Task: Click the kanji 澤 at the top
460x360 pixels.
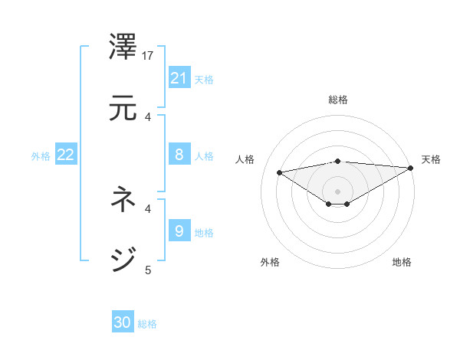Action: point(123,48)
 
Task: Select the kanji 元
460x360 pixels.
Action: point(123,110)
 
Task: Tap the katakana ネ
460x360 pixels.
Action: point(123,201)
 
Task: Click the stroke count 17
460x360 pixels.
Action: point(149,56)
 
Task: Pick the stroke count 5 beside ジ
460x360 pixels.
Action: point(148,270)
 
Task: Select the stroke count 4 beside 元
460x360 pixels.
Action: point(148,117)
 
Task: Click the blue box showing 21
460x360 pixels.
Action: point(179,77)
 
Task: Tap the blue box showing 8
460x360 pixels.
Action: point(179,155)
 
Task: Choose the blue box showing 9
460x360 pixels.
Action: point(179,231)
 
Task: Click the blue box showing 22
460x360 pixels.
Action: point(66,155)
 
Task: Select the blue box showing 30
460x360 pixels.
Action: point(123,322)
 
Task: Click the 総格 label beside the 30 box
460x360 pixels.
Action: point(147,324)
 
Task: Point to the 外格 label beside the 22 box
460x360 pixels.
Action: point(41,156)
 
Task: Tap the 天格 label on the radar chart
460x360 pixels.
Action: point(431,159)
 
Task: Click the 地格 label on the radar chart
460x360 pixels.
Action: point(402,262)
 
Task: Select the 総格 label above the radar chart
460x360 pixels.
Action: point(338,100)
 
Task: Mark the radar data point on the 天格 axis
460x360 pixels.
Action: point(412,168)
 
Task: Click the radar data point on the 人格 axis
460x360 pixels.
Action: point(280,172)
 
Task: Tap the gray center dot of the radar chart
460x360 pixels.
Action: point(338,191)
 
